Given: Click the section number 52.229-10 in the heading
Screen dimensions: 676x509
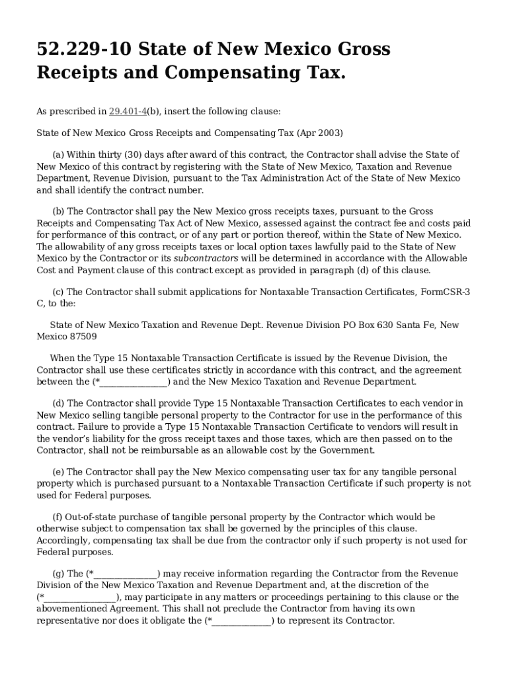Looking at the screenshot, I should coord(83,50).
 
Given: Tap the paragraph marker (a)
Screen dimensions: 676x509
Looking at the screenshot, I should coord(58,154).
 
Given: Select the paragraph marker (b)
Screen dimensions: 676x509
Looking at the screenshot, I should coord(58,211).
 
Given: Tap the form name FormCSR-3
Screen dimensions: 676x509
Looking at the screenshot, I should coord(446,292).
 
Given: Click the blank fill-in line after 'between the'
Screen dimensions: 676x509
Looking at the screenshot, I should coord(135,382).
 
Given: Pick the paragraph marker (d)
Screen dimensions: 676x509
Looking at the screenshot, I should coord(58,403).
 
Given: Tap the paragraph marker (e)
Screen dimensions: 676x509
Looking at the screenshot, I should coord(58,472).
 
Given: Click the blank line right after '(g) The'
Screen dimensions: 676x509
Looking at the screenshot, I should coord(126,574).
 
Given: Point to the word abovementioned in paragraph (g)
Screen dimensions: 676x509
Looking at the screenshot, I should coord(69,609).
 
